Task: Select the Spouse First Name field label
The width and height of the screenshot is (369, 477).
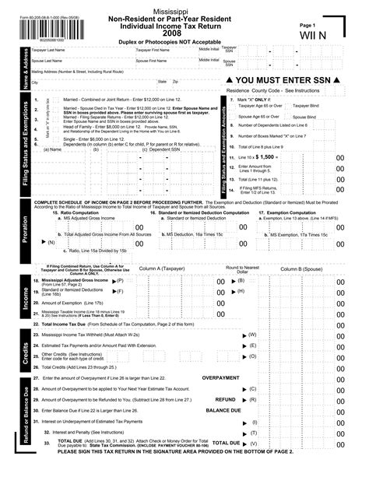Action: pyautogui.click(x=153, y=60)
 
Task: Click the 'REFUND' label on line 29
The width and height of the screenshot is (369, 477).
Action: pyautogui.click(x=225, y=398)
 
